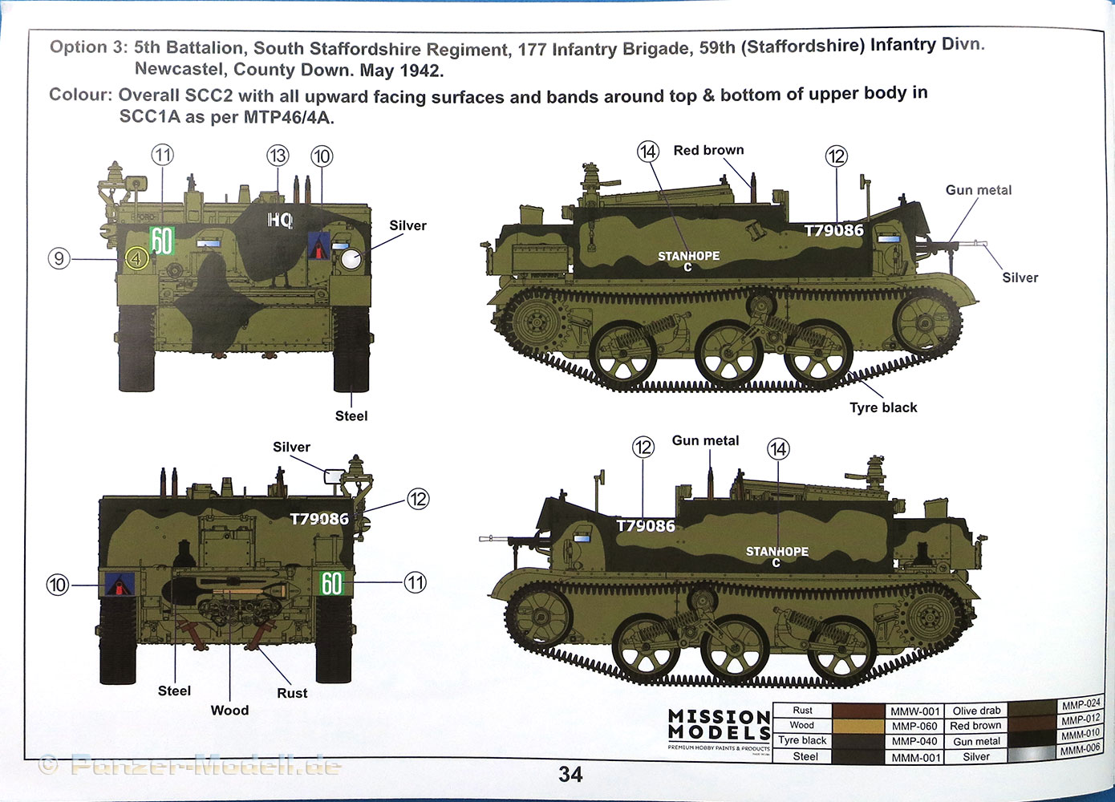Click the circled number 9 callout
(x=59, y=258)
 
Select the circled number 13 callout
(x=278, y=156)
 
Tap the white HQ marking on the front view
(x=280, y=221)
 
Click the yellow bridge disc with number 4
(x=136, y=258)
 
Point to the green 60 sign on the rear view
(x=331, y=583)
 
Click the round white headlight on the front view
(x=351, y=259)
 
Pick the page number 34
(x=570, y=774)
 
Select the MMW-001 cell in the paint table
(x=914, y=711)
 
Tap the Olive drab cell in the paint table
(x=976, y=711)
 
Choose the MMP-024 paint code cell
(x=1081, y=704)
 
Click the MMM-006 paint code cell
(x=1080, y=750)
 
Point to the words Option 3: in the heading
(x=88, y=47)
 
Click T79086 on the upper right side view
(x=833, y=231)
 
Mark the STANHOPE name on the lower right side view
(x=776, y=552)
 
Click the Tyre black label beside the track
(x=883, y=407)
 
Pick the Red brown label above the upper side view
(x=708, y=150)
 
